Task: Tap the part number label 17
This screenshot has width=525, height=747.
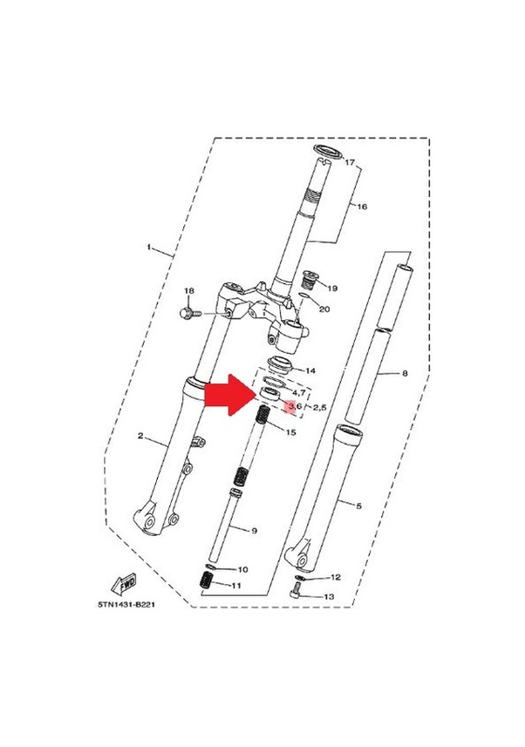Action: pos(351,163)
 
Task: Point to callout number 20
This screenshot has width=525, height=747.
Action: pos(324,309)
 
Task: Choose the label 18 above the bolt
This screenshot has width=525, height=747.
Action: pos(187,290)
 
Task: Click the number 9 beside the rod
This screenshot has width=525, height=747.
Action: pos(243,569)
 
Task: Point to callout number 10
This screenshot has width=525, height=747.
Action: pos(236,586)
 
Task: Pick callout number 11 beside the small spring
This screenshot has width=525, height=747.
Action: pos(335,577)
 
